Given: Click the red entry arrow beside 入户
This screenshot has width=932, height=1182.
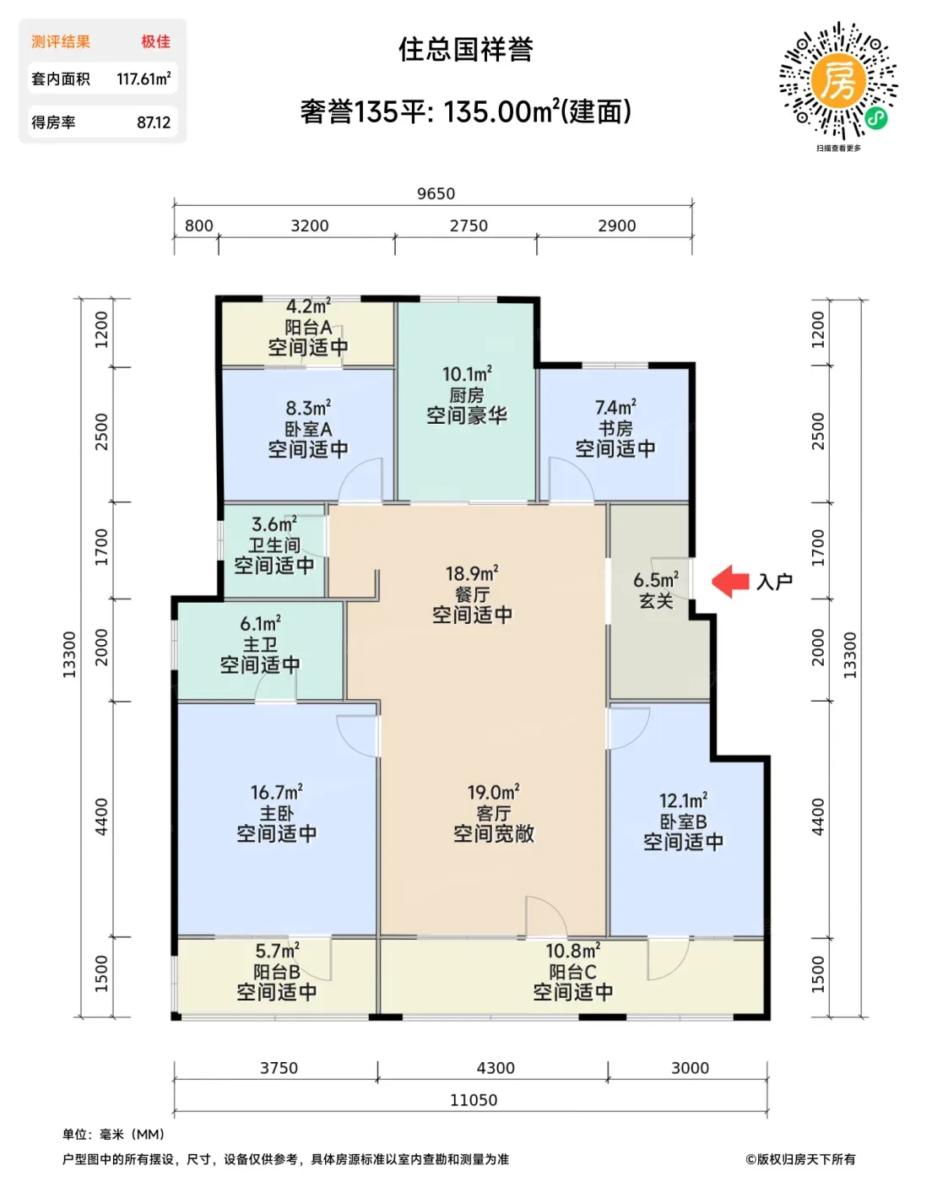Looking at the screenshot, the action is point(730,581).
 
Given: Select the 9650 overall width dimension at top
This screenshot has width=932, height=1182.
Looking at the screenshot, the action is point(436,194).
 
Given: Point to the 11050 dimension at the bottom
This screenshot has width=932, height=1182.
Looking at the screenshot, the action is point(474,1100).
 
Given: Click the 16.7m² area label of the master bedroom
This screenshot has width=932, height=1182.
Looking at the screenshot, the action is point(277,792).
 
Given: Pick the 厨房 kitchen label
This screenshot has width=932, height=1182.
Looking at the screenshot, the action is point(467,395).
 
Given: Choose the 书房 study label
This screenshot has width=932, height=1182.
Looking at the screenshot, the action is point(615,428).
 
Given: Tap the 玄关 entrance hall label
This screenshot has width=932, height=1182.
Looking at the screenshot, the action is point(656,600).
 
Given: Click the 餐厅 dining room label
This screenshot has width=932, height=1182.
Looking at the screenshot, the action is point(472,594).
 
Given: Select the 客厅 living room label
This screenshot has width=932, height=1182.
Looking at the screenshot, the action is point(494,813).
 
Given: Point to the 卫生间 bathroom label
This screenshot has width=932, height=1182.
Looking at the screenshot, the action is point(274,545).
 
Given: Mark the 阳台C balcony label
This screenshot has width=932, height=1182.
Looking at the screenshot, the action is point(573,972).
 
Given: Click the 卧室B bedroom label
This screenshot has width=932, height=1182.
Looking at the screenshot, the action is point(683,821).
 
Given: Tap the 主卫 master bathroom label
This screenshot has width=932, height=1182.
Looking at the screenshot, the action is point(260,644).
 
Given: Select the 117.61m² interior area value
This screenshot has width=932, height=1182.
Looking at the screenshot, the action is point(144,79).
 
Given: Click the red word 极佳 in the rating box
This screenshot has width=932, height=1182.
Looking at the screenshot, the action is point(156,41).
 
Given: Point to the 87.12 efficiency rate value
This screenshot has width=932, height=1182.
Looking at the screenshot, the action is point(154,122).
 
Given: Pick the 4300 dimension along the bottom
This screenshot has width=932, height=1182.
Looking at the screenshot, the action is point(496,1068).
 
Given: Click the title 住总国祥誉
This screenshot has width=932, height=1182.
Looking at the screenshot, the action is point(466,50).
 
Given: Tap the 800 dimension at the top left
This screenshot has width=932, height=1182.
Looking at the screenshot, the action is point(199,225).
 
